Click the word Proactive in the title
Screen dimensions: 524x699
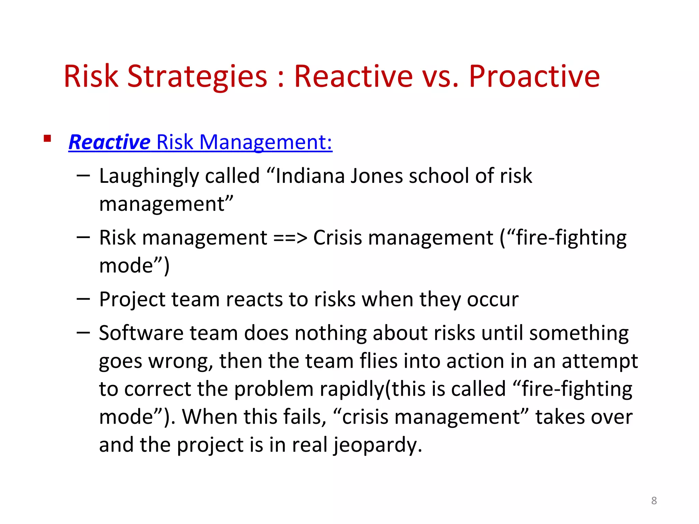[534, 77]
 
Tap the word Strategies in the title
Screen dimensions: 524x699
[197, 77]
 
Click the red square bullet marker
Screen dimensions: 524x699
[47, 139]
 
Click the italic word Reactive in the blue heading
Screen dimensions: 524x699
[109, 142]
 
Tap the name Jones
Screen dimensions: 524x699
[377, 176]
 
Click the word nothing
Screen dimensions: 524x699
[330, 333]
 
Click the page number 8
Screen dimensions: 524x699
[654, 500]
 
